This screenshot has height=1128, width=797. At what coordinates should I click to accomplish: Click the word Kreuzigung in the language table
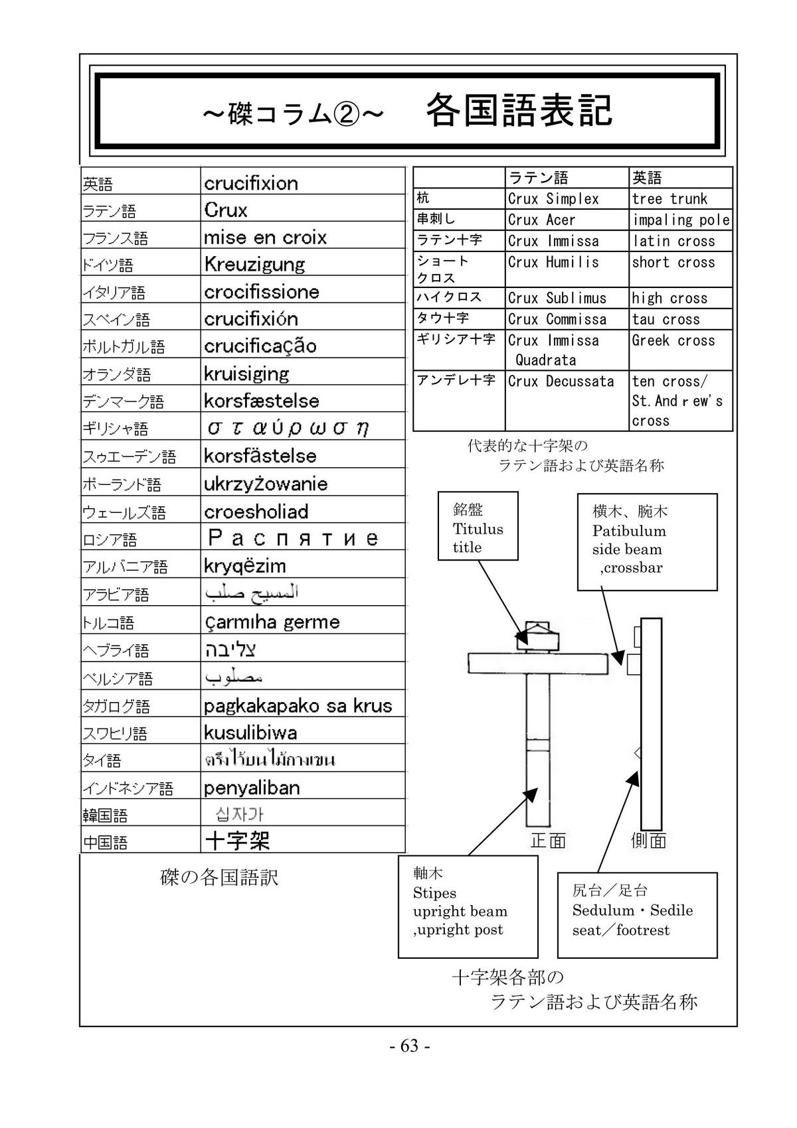(254, 265)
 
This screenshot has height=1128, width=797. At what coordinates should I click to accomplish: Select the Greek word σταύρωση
(288, 428)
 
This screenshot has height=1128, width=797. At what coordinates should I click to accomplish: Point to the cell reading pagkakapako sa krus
(298, 705)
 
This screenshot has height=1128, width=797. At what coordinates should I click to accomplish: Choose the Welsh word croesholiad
(256, 512)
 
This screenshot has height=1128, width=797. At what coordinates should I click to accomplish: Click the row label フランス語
(115, 238)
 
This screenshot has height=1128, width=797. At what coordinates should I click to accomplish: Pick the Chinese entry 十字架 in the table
(237, 841)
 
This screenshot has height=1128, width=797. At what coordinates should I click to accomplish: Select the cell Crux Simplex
(553, 199)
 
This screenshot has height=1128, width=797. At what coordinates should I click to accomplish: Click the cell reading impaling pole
(681, 220)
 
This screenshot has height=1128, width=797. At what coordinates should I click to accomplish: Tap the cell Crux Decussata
(561, 382)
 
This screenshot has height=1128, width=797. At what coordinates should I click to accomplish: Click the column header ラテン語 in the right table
(538, 178)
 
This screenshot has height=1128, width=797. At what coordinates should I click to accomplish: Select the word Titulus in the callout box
(478, 529)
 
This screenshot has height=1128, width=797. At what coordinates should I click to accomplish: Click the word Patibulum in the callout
(628, 531)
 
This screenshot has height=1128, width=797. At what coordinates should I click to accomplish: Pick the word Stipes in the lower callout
(434, 892)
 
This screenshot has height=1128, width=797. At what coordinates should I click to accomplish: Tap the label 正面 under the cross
(548, 841)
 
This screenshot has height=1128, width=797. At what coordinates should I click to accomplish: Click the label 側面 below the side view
(648, 841)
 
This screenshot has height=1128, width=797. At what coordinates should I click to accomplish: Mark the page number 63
(410, 1046)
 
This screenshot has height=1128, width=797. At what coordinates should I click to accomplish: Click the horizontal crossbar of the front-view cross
(538, 664)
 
